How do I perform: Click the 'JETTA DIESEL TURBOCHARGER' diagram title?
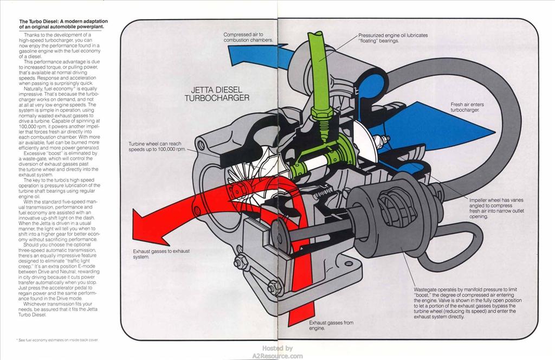[x=217, y=93]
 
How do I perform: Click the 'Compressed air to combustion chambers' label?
[x=248, y=37]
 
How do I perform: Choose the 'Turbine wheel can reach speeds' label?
[x=157, y=146]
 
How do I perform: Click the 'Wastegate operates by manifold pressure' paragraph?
[x=468, y=303]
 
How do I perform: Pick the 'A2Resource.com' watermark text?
[x=277, y=356]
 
